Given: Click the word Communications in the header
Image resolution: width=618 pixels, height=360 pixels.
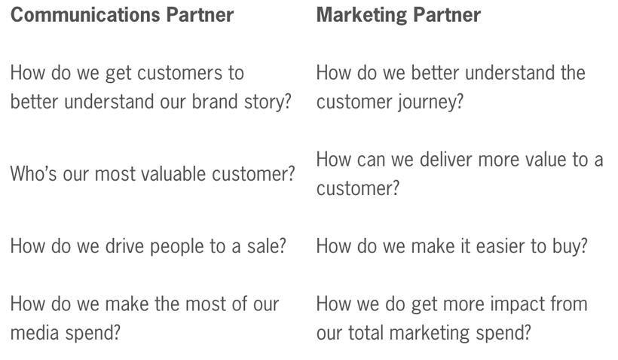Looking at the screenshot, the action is [85, 14].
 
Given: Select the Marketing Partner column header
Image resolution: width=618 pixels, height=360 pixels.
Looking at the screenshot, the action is [399, 16].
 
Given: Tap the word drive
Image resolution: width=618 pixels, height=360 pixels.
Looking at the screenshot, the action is [124, 246].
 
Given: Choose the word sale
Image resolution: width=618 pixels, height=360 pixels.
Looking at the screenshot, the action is [267, 246].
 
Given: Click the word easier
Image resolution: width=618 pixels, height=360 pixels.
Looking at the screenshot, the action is [500, 246].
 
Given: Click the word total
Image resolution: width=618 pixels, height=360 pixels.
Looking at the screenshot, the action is [366, 332].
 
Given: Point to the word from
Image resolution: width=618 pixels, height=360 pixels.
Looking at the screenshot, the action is [564, 304].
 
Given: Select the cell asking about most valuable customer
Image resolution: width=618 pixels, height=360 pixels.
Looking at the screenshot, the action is [152, 174].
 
